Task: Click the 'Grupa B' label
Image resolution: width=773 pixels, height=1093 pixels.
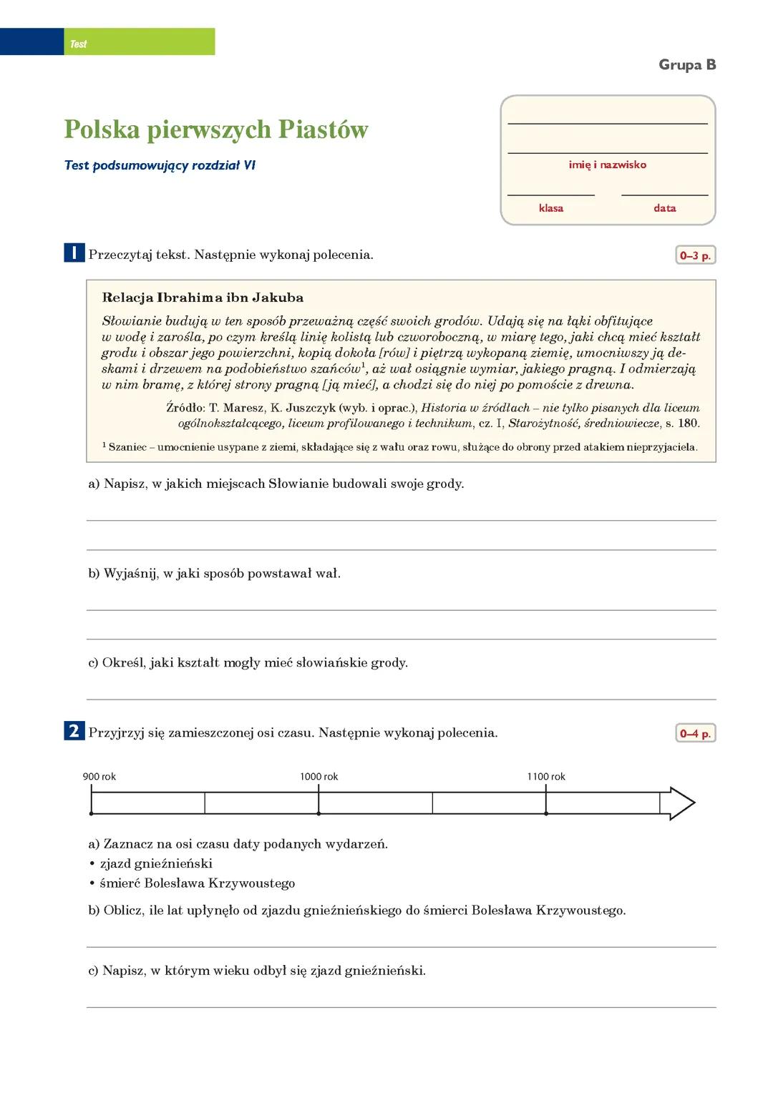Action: click(686, 65)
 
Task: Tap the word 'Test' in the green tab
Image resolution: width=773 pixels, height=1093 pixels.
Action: click(79, 44)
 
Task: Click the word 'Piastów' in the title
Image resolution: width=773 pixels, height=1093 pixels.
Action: click(323, 130)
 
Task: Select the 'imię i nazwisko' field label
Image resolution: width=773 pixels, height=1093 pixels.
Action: click(607, 165)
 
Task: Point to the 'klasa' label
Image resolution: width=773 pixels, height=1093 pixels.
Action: click(550, 208)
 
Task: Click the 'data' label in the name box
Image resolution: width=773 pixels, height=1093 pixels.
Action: click(664, 208)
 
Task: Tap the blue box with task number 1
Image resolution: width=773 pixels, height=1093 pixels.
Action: click(74, 253)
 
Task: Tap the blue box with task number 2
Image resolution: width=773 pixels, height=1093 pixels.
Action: click(74, 731)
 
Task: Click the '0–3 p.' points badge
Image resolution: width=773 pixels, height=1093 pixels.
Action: click(695, 255)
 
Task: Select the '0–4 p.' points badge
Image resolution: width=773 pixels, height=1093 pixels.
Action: click(695, 733)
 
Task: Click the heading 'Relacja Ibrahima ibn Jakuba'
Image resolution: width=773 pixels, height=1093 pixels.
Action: click(203, 298)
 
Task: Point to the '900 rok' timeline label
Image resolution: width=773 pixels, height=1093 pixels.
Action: click(99, 777)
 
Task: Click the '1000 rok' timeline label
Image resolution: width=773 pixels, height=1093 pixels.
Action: click(319, 777)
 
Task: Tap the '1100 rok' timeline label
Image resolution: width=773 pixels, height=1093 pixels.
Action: click(546, 777)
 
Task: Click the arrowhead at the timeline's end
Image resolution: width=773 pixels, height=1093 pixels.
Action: click(681, 803)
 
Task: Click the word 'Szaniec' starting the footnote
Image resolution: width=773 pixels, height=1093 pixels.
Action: click(127, 447)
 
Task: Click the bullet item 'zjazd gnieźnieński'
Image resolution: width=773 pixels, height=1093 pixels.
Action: click(156, 863)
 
